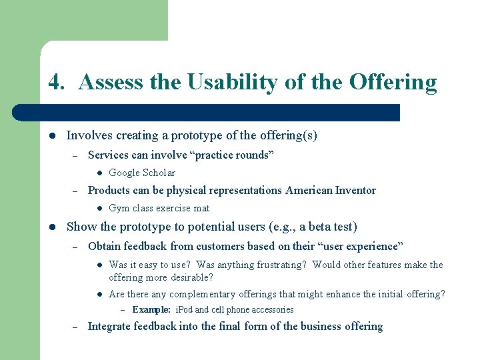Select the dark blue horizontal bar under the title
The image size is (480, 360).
[220, 112]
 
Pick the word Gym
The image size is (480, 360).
[118, 208]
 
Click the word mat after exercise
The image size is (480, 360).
[201, 208]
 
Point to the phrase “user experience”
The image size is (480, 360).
[361, 247]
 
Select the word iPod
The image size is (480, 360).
[184, 309]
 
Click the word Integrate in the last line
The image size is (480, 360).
[109, 327]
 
